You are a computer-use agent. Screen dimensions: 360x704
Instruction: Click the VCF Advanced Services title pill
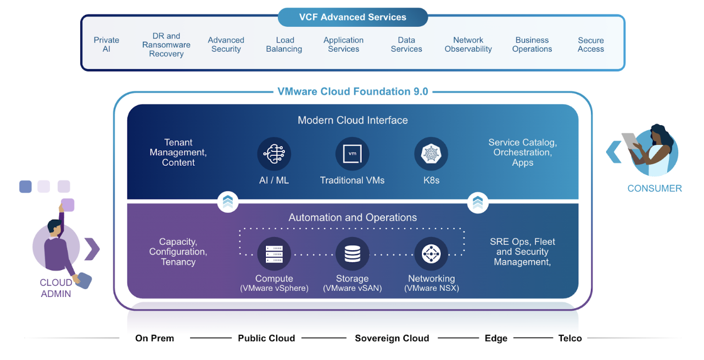pos(353,17)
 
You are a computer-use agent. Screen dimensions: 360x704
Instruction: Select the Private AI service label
pos(107,44)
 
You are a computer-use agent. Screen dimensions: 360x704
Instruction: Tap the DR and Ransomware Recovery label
pos(166,44)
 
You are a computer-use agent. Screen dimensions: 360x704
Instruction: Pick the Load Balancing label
pos(284,44)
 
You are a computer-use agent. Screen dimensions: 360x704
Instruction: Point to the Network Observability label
pos(468,44)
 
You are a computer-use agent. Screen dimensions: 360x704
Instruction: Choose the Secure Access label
pos(591,44)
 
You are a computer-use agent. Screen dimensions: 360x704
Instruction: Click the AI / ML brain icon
pos(274,154)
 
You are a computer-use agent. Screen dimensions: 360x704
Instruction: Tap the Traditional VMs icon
pos(353,154)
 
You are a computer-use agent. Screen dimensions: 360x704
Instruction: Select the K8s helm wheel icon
pos(431,154)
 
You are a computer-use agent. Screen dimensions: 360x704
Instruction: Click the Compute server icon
pos(274,254)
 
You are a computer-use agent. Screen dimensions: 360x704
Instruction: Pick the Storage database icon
pos(353,254)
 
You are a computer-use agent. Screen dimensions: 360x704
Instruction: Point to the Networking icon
pos(431,254)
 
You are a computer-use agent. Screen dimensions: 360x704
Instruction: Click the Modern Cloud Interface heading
pos(353,120)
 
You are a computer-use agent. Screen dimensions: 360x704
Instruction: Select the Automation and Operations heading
pos(353,218)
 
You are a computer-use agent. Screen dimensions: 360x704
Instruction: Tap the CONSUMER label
pos(655,188)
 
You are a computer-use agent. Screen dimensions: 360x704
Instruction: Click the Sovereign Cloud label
pos(392,338)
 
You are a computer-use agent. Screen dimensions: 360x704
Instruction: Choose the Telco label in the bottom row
pos(570,338)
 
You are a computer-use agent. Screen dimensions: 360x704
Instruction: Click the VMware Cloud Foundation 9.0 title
pos(353,92)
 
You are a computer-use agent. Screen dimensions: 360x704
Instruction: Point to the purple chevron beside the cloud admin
pos(92,249)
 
